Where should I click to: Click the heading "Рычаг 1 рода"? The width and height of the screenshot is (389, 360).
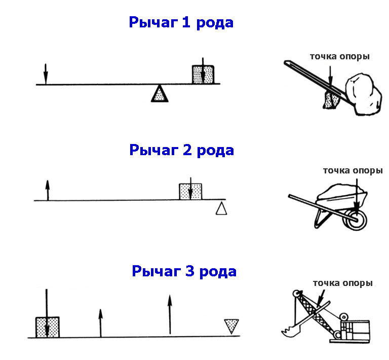pos(181,23)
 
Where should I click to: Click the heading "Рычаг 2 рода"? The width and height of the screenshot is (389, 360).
pos(181,150)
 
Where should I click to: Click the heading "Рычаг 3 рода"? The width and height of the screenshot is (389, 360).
pos(184,271)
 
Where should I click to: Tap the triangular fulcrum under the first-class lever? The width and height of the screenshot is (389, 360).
pos(160,94)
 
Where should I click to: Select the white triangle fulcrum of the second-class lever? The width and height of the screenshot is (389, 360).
pos(221,208)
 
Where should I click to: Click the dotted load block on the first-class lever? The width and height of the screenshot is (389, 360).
pos(203,75)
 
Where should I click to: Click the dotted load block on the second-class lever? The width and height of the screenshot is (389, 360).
pos(190,192)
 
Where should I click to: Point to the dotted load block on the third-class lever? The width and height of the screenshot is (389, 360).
pos(47,327)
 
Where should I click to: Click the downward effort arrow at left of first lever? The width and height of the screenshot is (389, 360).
pos(45,74)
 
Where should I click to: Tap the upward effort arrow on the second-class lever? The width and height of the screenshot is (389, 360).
pos(47,191)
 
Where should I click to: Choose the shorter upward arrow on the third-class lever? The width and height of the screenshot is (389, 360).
pos(100,323)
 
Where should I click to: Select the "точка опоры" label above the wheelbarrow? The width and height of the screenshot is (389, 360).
pos(353,170)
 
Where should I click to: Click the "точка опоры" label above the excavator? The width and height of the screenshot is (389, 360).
pos(342,283)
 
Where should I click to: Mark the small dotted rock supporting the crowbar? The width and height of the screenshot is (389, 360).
pos(330,99)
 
